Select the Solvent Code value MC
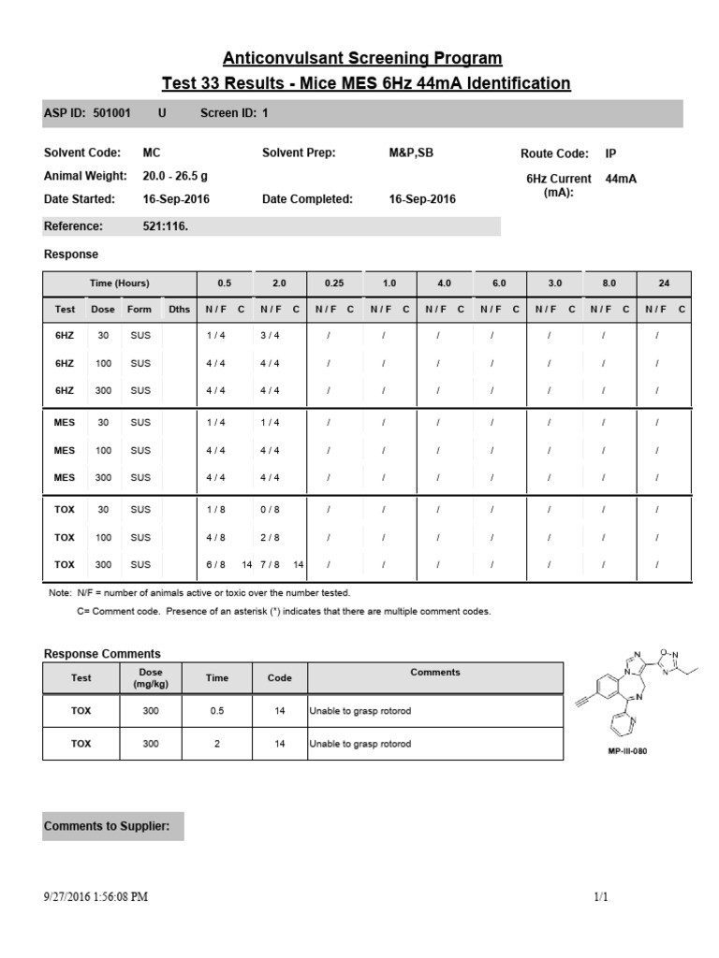(151, 153)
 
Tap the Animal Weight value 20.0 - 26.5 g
(175, 176)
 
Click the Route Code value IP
(611, 153)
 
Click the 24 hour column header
(664, 283)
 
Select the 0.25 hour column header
(334, 283)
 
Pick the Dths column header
(178, 309)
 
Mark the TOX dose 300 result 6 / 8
(216, 564)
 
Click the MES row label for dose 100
(65, 450)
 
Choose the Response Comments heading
(102, 654)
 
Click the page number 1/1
(601, 897)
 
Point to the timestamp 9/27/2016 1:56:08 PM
(95, 897)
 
